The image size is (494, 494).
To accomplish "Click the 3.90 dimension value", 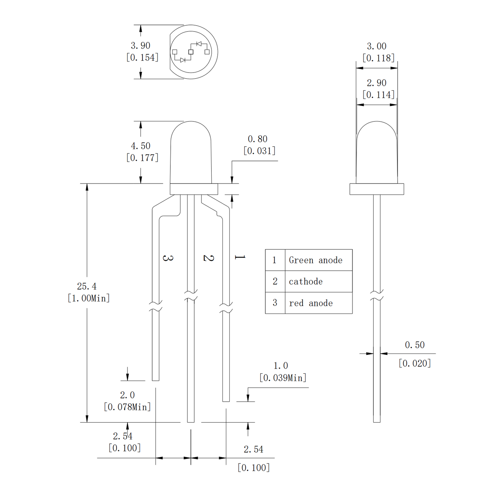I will coord(141,45).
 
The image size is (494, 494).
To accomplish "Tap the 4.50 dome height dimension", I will coord(141,146).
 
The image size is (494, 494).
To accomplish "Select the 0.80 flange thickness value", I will coord(257,139).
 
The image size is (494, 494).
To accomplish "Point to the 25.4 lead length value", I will coord(86,286).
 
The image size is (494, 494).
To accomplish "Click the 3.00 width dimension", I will coord(376,46).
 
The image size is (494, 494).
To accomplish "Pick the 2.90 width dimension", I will coord(376,83).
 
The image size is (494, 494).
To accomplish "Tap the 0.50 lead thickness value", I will coord(415,345).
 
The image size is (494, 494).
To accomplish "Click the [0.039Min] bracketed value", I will coord(283,378).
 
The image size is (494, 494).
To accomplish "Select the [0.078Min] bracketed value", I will coord(127,407).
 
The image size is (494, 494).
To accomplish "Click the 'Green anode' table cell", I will coord(316,260).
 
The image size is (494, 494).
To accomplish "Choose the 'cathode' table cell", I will coord(306,281).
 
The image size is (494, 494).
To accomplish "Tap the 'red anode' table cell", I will coord(311,303).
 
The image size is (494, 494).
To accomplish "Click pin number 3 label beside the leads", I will coord(168,258).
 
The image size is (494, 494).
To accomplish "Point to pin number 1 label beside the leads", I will coord(240,257).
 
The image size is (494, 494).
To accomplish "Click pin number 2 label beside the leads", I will coord(209,258).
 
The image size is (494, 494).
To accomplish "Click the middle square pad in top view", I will coord(191,52).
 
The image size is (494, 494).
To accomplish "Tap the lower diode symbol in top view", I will coord(183,60).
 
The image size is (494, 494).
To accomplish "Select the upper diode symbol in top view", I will coord(199,44).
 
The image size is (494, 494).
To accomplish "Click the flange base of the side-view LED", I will coord(376,189).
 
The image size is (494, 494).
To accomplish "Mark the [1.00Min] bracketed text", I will coord(89,298).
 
